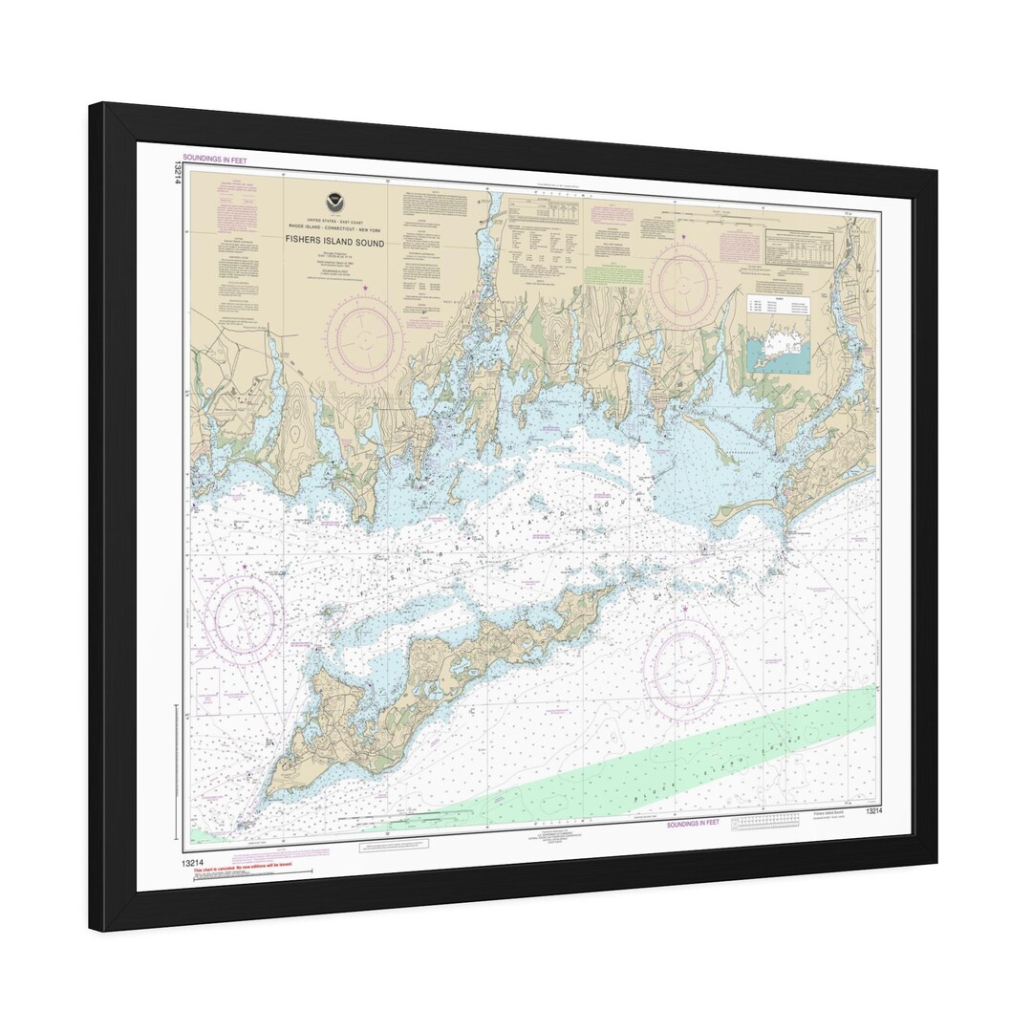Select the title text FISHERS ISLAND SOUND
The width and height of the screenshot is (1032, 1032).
tap(334, 243)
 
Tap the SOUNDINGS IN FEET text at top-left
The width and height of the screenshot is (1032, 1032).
tap(214, 161)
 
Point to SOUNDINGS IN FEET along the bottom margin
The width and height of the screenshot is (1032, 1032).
tap(693, 822)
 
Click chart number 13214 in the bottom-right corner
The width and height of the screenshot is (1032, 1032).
tap(873, 810)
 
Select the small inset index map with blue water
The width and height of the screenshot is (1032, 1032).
tap(779, 348)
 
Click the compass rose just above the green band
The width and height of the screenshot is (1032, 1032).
tap(683, 665)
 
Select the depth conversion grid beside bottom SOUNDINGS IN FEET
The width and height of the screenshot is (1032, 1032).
tap(764, 821)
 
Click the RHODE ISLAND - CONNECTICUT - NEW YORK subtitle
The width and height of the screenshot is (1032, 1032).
tap(333, 225)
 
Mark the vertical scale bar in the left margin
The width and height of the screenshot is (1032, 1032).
tap(178, 774)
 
